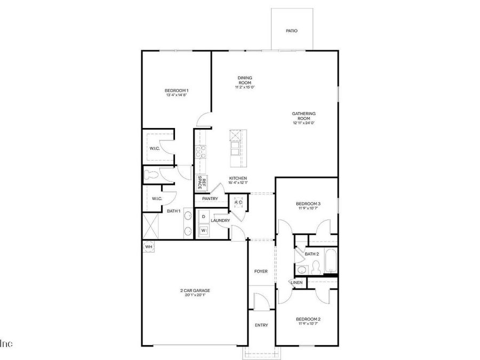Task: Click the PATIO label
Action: (291, 31)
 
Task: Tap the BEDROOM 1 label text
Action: (177, 91)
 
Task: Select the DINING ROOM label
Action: (244, 80)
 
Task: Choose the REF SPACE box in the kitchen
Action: (202, 182)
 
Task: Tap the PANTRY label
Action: (210, 198)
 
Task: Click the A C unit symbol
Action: (238, 203)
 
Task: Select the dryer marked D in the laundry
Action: (203, 217)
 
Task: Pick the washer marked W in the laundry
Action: (203, 230)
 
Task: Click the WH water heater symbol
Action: (149, 246)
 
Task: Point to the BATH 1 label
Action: (173, 211)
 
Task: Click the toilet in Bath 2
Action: (315, 266)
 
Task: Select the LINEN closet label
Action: (297, 282)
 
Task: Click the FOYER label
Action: (261, 271)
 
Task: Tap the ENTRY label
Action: (261, 325)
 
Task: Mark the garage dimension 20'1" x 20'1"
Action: (195, 295)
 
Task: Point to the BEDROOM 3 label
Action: (308, 204)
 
